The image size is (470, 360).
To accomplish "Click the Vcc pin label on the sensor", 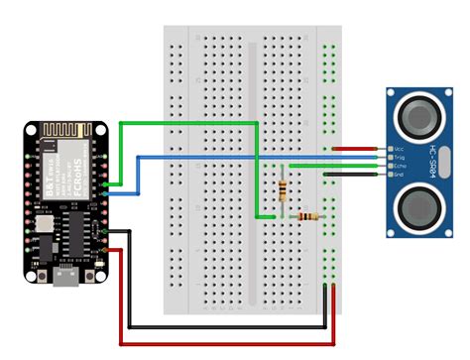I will coord(398,148).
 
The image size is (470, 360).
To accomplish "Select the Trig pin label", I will coord(398,157).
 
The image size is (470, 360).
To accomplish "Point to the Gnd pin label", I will coord(398,175).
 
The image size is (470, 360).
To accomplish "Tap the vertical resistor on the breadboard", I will coord(285,192).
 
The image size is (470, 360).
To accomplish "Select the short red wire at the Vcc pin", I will coord(354,148).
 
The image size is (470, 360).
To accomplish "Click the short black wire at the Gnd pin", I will coord(354,175).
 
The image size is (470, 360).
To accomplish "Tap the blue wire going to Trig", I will coord(248,157).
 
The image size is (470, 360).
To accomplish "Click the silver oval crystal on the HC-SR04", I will coord(445,162).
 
